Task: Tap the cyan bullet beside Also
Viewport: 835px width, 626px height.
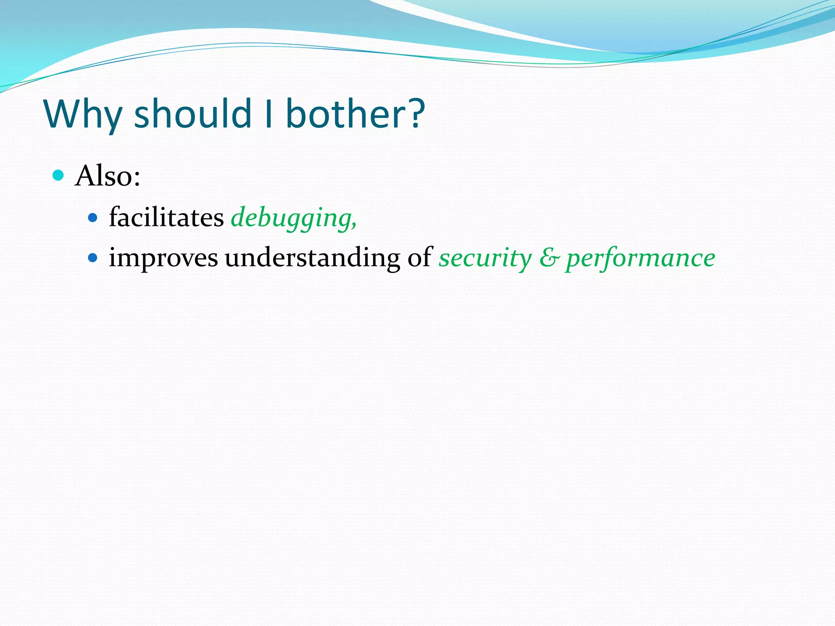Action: [x=59, y=175]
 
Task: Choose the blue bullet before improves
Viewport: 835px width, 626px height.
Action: [x=93, y=258]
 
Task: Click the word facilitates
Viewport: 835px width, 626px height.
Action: [x=166, y=217]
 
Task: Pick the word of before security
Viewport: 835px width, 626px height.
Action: [x=420, y=258]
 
